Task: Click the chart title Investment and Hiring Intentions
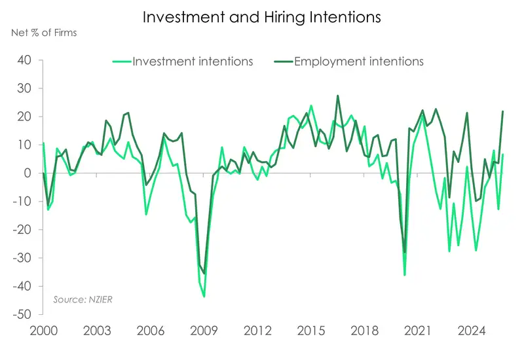(262, 18)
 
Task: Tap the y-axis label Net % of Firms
(43, 33)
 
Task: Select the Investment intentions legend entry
(193, 62)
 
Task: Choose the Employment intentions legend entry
(358, 62)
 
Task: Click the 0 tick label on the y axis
(29, 173)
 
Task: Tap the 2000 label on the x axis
(43, 330)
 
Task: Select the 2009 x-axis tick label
(203, 330)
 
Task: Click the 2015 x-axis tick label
(310, 330)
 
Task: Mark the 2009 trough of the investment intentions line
(204, 297)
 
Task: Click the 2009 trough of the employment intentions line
(204, 273)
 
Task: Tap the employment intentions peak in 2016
(338, 96)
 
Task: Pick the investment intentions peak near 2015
(310, 105)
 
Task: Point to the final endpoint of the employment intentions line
(502, 111)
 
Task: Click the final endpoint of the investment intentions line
(502, 154)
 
